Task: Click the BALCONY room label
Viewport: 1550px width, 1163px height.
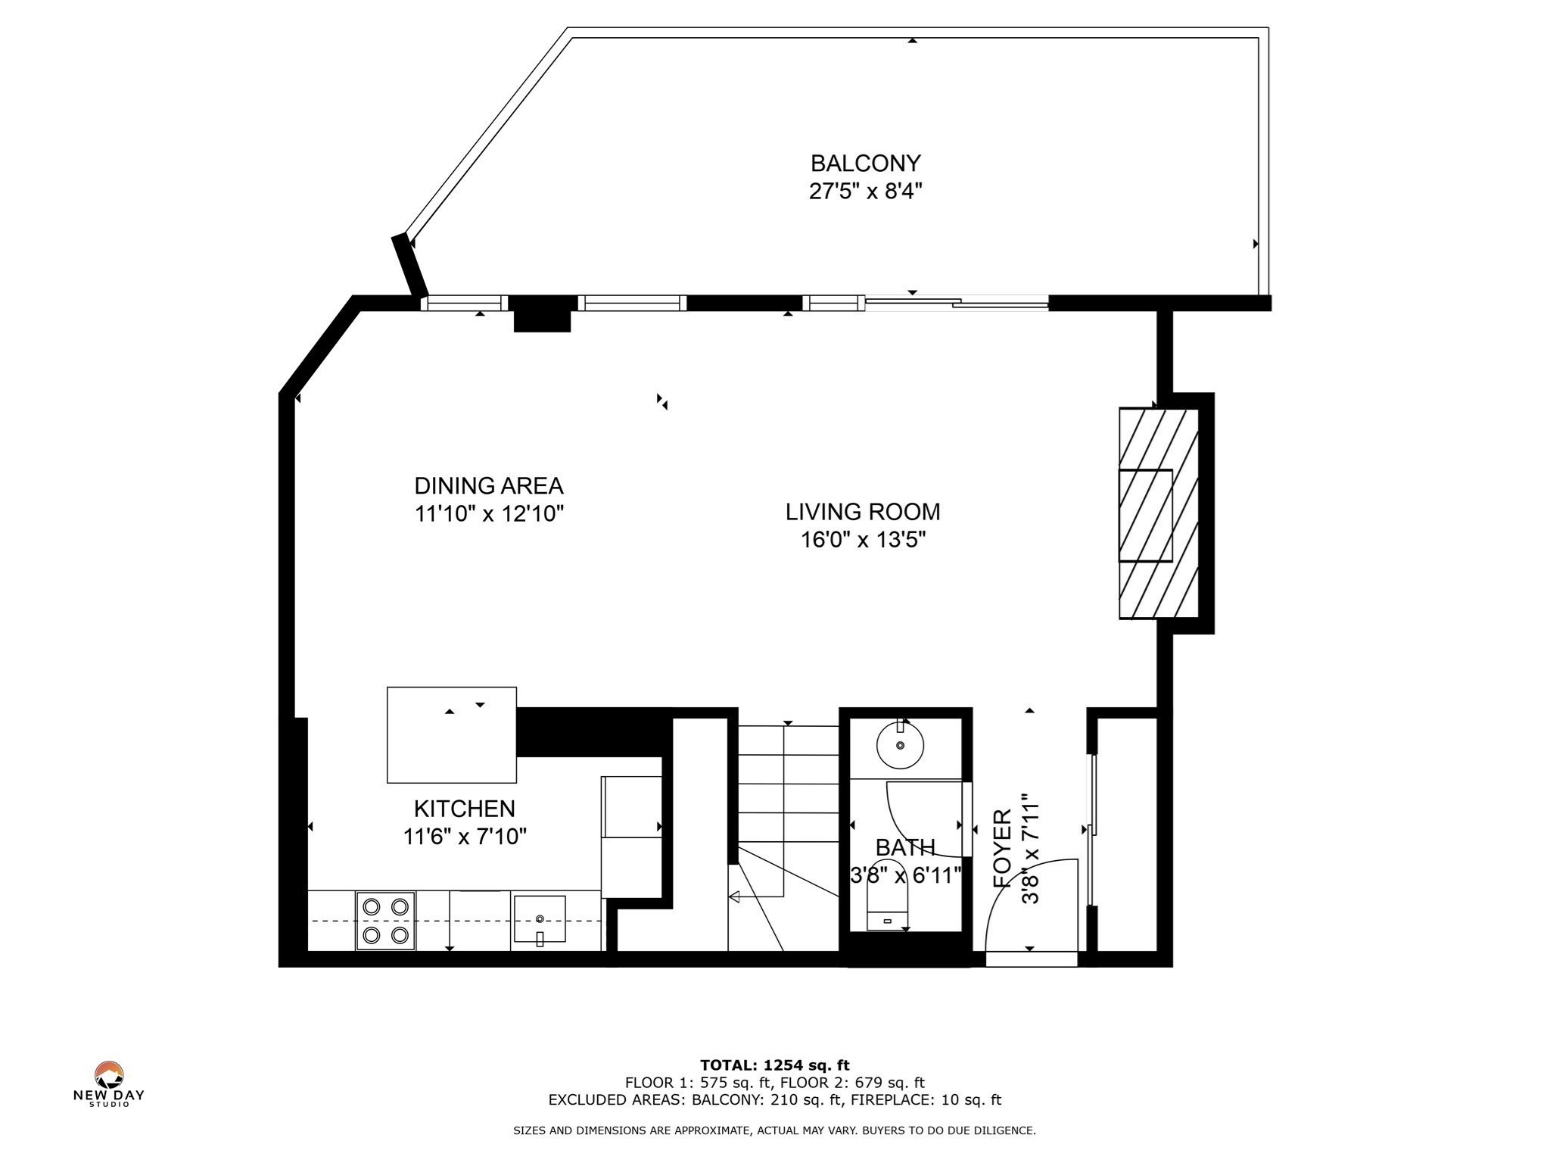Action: point(865,164)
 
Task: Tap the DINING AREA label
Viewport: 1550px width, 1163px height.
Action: point(489,485)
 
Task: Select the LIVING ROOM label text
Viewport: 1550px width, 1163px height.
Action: point(863,512)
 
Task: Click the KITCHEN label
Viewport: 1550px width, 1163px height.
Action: point(465,809)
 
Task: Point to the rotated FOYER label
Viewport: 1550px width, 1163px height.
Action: point(1003,848)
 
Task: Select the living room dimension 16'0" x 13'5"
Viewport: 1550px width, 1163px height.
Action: point(864,540)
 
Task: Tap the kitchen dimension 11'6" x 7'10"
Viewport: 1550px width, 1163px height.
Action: point(465,837)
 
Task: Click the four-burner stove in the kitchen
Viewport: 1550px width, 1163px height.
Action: point(385,921)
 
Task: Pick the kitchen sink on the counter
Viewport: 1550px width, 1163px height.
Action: point(540,920)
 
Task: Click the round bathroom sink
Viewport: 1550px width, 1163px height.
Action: point(900,745)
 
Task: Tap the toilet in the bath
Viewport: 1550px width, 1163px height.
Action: point(888,894)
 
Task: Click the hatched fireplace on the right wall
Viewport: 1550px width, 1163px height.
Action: point(1159,514)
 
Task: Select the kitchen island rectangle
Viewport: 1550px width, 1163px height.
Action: point(452,734)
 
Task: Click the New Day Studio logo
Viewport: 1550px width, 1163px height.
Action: point(109,1083)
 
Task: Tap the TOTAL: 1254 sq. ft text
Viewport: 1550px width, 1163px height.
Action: point(775,1065)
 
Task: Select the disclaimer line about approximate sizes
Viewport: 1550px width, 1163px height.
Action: point(775,1130)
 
